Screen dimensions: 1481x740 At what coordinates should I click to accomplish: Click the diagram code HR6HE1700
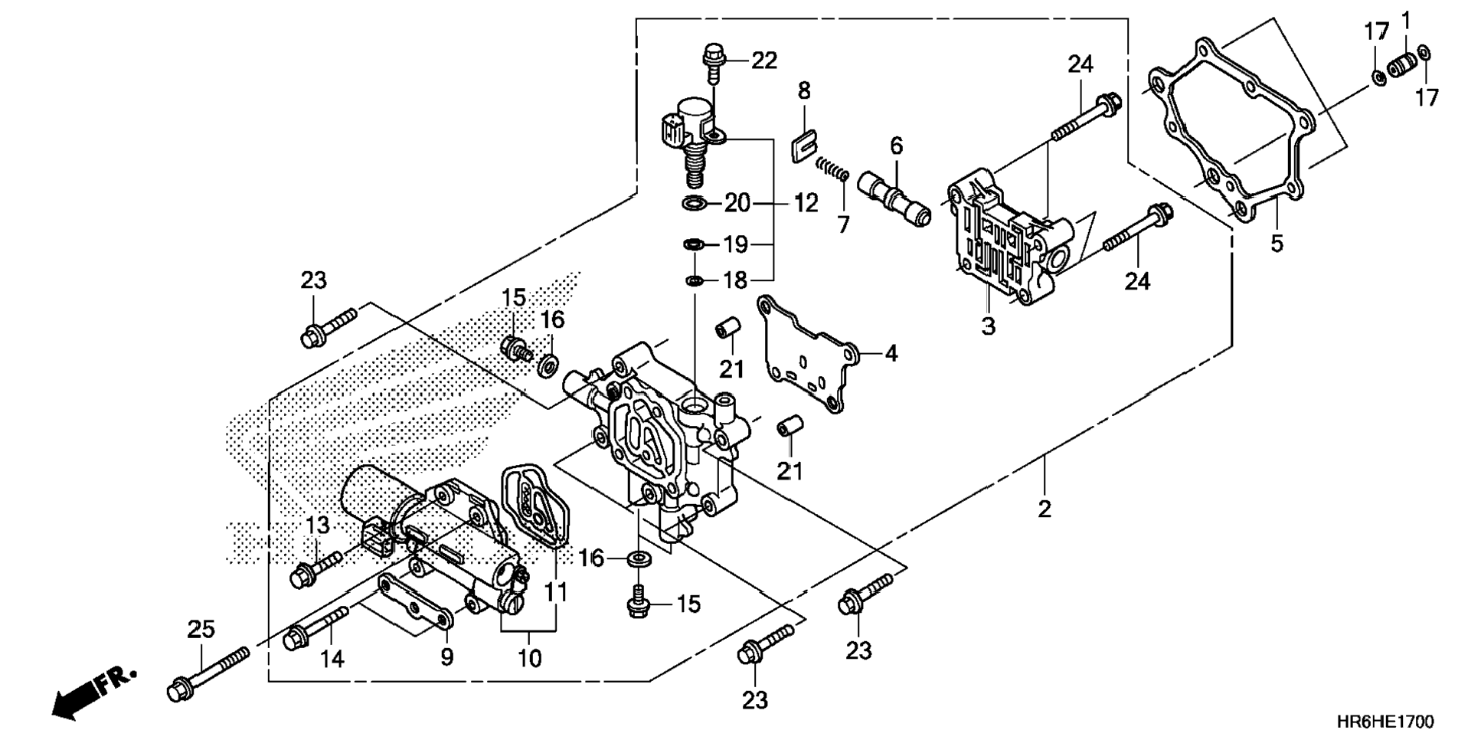click(1385, 722)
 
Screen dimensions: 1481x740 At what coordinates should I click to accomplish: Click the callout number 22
click(763, 60)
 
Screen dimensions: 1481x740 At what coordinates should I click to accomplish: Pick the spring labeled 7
click(831, 168)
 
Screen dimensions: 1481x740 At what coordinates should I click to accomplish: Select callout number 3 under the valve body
click(989, 326)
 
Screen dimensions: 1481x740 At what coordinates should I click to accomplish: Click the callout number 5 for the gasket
click(1277, 243)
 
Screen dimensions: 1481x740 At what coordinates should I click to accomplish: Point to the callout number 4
click(891, 353)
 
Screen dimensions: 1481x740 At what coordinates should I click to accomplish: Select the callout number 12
click(806, 203)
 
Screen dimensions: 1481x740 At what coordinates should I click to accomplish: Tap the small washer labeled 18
click(694, 280)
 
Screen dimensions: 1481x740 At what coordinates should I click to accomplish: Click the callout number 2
click(1045, 508)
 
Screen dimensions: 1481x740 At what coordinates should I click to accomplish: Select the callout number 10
click(530, 658)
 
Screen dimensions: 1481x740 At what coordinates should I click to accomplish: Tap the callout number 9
click(446, 657)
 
